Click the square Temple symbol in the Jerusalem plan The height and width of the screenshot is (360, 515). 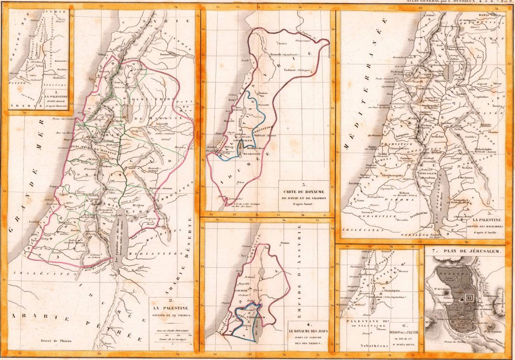click(468, 297)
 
